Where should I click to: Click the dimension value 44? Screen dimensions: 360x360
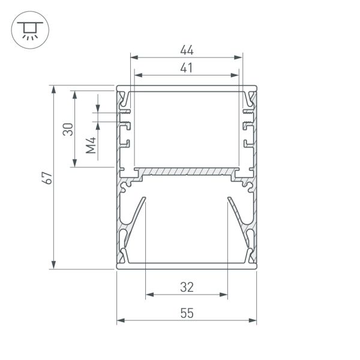point(187,50)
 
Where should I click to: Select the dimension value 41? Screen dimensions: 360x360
point(186,68)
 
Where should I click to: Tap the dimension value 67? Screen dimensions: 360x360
point(47,178)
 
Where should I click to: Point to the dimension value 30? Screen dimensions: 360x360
point(68,129)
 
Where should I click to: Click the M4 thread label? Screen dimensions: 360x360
point(91,145)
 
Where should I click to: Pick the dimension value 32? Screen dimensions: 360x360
point(187,287)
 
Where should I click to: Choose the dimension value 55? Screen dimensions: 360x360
point(187,313)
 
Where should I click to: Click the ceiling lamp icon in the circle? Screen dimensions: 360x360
point(30,31)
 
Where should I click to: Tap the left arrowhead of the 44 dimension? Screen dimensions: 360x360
point(134,57)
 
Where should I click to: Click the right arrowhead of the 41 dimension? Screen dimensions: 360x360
point(235,75)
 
